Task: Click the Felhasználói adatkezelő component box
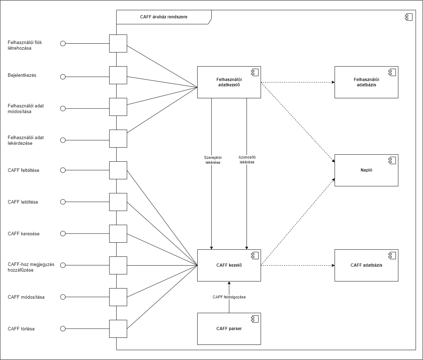tap(229, 82)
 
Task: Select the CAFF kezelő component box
tap(229, 265)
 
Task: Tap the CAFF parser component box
tap(229, 329)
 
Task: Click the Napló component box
tap(366, 170)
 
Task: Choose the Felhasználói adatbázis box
tap(366, 82)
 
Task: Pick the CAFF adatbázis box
tap(366, 265)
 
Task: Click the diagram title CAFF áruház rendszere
tap(163, 17)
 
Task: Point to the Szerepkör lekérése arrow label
tap(213, 160)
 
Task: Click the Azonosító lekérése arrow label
tap(247, 160)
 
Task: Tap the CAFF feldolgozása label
tap(229, 297)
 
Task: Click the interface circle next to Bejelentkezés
tap(63, 77)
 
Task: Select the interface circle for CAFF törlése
tap(63, 329)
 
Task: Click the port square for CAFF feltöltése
tap(118, 170)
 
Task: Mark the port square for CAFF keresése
tap(118, 234)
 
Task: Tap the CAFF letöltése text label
tap(23, 202)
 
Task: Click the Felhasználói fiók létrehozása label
tap(25, 45)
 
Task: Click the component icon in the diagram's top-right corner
tap(408, 17)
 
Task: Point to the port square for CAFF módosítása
tap(118, 297)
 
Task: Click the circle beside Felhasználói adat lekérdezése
tap(63, 140)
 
